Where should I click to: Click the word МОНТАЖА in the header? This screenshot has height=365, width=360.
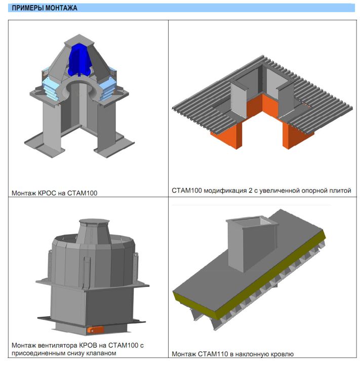61,8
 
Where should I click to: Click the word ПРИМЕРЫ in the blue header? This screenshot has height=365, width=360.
28,8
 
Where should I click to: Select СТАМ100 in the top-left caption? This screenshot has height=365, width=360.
83,193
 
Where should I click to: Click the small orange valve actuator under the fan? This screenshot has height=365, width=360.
95,330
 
